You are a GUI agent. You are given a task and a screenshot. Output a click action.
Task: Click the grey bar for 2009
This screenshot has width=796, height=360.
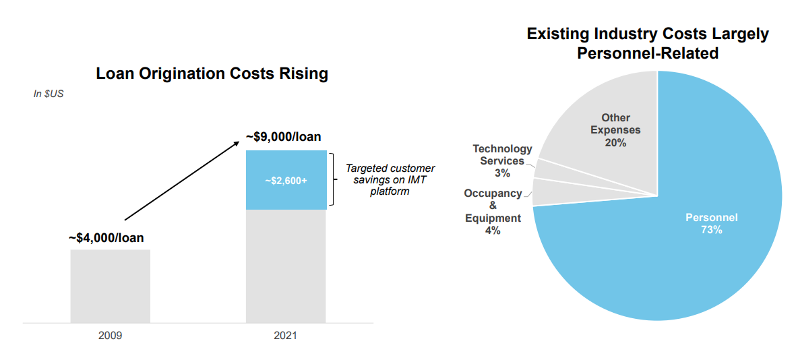click(x=110, y=286)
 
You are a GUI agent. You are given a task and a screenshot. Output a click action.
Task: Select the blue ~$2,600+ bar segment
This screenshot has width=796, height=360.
click(x=286, y=180)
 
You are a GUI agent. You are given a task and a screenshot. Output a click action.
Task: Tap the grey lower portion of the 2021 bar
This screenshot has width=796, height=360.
click(x=286, y=266)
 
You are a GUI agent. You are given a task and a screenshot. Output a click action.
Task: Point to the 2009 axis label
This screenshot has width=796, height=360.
click(x=110, y=335)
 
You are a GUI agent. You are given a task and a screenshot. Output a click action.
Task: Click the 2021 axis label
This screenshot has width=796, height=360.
click(x=286, y=335)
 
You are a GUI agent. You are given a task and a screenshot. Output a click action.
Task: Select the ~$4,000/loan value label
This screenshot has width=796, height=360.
click(x=106, y=238)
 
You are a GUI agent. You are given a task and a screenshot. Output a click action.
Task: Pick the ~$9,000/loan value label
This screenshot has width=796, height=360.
click(x=283, y=137)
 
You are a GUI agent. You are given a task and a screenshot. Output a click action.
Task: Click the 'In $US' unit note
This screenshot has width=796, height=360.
click(x=49, y=94)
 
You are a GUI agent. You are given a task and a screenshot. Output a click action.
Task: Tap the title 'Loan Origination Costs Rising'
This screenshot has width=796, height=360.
click(x=212, y=73)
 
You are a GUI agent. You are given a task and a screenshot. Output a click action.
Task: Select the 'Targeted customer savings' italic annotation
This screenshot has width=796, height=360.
click(x=390, y=179)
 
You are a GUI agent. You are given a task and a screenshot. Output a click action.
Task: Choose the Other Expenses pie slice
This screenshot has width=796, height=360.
click(x=607, y=128)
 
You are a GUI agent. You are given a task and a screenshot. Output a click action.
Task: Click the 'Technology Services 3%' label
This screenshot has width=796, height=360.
click(x=502, y=160)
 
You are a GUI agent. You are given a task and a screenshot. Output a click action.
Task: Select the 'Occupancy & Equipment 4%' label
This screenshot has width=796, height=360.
click(x=493, y=212)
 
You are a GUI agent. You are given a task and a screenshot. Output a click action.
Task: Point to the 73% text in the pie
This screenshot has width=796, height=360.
click(x=711, y=230)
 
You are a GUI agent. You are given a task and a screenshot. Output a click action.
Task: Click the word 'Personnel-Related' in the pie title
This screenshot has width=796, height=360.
click(x=647, y=53)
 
